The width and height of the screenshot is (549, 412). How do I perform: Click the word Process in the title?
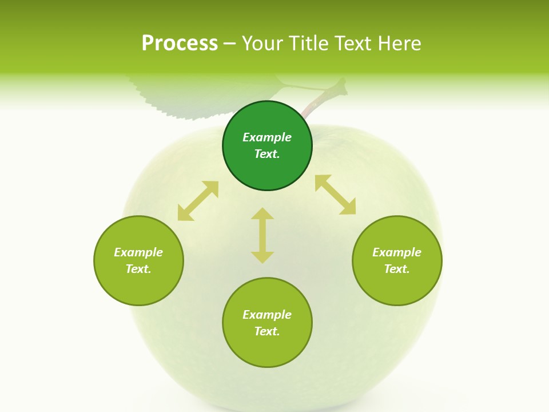point(180,43)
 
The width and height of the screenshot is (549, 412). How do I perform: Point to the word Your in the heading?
point(261,43)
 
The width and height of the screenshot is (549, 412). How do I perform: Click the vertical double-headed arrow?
point(262,235)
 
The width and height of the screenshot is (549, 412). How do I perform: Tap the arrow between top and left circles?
point(198,201)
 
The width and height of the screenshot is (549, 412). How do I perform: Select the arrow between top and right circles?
point(335,195)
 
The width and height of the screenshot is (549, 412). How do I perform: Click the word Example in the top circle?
point(267,137)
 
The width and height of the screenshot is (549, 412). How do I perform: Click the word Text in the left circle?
point(138,269)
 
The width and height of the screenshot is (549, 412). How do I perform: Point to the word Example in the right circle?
point(397,252)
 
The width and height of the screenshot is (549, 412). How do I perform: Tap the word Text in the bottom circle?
point(267,331)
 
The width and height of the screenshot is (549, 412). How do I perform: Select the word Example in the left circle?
point(138,252)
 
